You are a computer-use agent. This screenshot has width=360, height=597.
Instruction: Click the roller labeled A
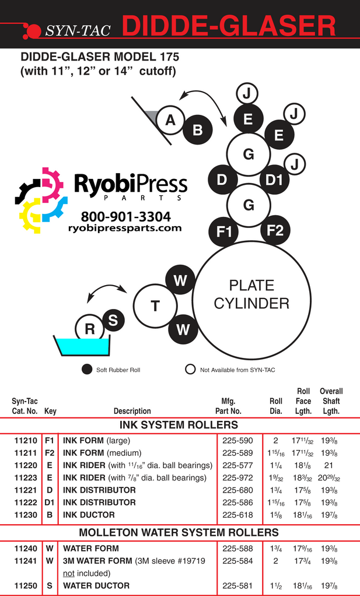tap(170, 120)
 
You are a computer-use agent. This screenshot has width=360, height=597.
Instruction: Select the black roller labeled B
tap(198, 130)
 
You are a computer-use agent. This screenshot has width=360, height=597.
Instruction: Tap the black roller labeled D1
tap(274, 180)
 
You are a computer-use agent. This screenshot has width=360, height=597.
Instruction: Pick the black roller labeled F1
tap(224, 231)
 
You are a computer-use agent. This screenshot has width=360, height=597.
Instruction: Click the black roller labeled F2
tap(275, 230)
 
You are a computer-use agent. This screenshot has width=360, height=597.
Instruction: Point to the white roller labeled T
tap(155, 305)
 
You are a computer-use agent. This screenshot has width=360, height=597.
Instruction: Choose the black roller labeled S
tap(113, 320)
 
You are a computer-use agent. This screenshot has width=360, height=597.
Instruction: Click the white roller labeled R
tap(90, 329)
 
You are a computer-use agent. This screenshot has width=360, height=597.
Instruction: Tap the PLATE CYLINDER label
tap(251, 294)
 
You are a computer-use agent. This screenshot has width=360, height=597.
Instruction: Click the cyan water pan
tap(82, 347)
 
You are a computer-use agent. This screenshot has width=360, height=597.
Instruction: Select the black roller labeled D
tap(222, 180)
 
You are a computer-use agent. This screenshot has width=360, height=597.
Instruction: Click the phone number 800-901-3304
tap(125, 217)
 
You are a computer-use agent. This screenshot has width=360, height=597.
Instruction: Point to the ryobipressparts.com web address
tap(125, 229)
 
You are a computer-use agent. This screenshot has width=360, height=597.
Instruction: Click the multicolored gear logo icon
tap(41, 200)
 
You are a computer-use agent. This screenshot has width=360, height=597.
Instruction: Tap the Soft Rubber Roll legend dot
tap(87, 369)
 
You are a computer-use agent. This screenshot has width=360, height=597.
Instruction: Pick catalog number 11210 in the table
tap(26, 441)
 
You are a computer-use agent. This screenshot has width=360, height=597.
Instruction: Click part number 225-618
tap(237, 515)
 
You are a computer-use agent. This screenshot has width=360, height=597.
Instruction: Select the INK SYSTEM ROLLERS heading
tap(179, 424)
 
